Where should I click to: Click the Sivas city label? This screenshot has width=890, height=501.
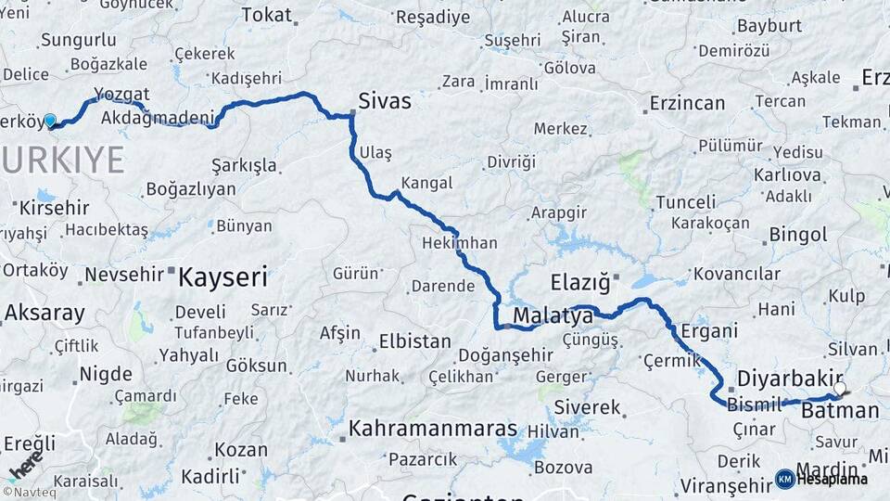386,101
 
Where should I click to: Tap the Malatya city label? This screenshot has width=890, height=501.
553,317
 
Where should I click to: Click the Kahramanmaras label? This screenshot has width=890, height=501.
433,430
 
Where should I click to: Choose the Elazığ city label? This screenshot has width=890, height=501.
580,281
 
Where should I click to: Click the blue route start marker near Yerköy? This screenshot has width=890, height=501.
50,121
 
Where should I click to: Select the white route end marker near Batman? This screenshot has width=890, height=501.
840,389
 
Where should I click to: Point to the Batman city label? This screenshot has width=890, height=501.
839,411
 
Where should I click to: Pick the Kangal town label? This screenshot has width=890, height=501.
427,183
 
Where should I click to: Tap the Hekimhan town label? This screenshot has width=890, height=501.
460,243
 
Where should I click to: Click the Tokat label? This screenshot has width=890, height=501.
266,16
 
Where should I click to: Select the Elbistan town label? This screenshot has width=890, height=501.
414,341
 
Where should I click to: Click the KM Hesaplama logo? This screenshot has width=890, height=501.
822,479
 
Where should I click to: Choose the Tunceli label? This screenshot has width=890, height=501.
686,202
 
